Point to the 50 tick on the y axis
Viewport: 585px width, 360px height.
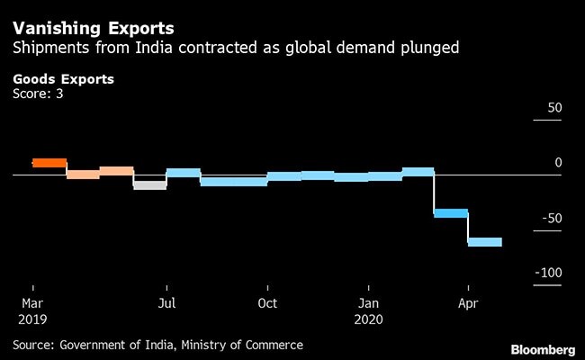click(553, 107)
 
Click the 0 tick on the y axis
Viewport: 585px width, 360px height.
click(557, 162)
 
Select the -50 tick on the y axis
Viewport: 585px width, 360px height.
click(551, 218)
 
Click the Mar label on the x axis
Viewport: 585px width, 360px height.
click(32, 303)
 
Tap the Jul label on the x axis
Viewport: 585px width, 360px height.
click(166, 303)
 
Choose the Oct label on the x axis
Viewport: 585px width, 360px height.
click(267, 303)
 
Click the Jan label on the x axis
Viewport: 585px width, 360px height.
click(368, 303)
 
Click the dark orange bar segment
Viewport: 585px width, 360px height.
click(49, 163)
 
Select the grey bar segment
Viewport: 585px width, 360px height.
click(149, 184)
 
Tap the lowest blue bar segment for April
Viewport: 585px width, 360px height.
click(485, 241)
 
